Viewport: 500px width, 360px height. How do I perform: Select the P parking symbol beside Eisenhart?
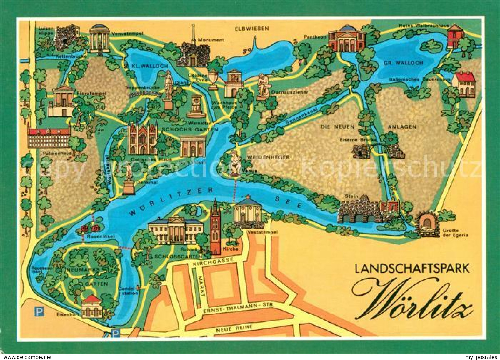[39, 313]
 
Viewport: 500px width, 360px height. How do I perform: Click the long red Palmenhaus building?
[49, 137]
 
